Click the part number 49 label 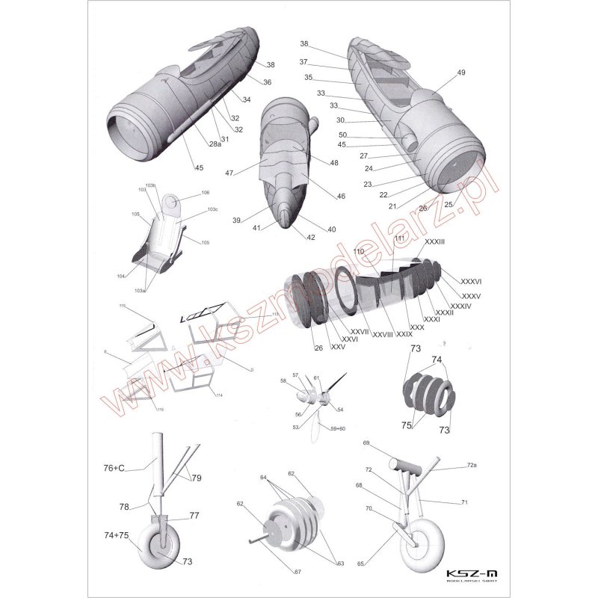tap(460, 73)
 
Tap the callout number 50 tap(342, 135)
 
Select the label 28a tap(215, 144)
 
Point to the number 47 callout tap(229, 173)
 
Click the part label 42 tap(311, 237)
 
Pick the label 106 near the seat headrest tap(206, 192)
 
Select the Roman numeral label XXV tap(338, 348)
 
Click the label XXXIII tap(434, 243)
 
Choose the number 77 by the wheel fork tap(193, 516)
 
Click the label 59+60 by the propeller tap(334, 429)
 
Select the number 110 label tap(358, 252)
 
